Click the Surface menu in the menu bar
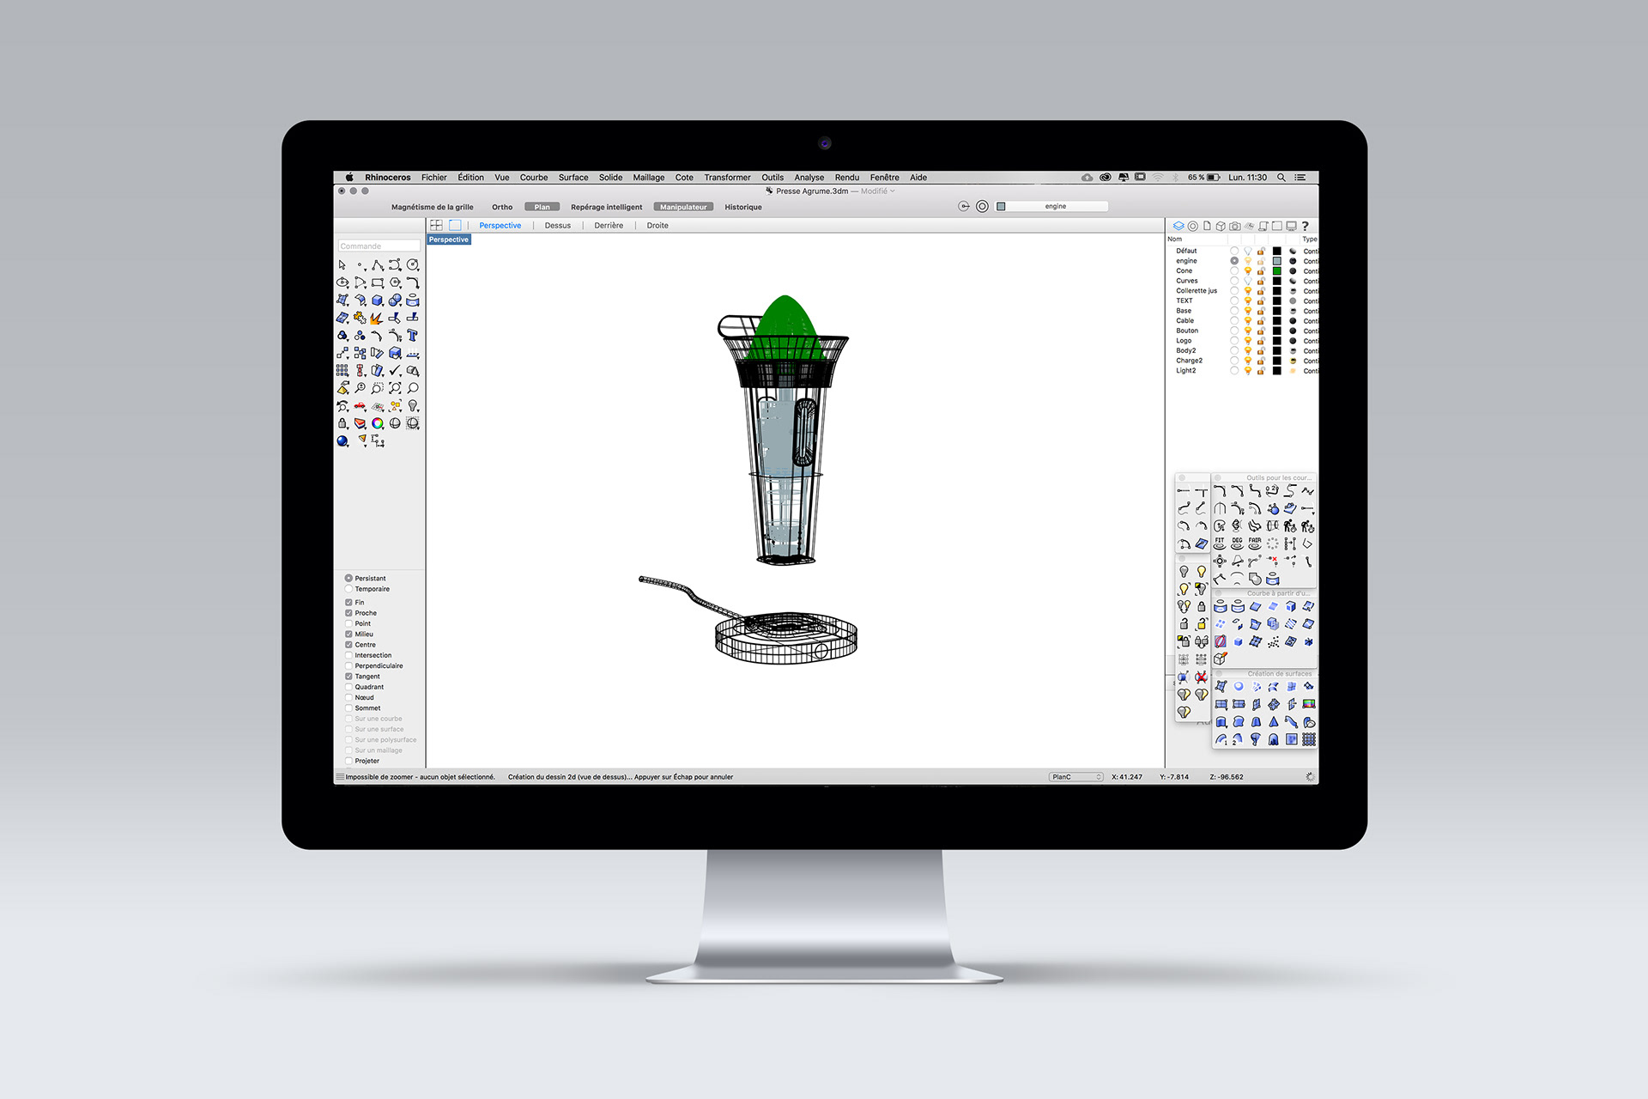pos(573,178)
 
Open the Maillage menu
pos(648,178)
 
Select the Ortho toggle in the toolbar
pos(502,207)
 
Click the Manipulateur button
pos(683,207)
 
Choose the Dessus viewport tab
pos(557,226)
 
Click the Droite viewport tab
pos(657,226)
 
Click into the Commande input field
pos(379,246)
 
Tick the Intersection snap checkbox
pos(349,655)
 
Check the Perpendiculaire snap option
pos(349,666)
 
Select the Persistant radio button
pos(349,579)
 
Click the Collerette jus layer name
pos(1196,291)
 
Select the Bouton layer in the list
pos(1187,331)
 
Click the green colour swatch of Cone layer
pos(1276,271)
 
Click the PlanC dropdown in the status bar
pos(1075,777)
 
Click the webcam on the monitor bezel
pos(824,143)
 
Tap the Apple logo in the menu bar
pos(349,178)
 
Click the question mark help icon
pos(1305,227)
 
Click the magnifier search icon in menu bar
pos(1281,178)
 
